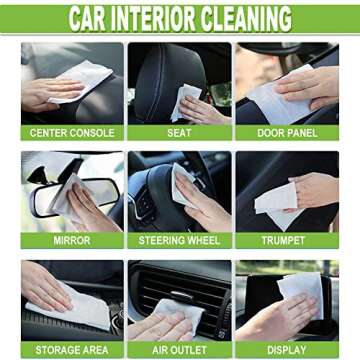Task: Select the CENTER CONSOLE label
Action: click(x=72, y=132)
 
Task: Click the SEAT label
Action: click(x=180, y=132)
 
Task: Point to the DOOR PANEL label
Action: click(x=287, y=132)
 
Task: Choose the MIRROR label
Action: click(x=72, y=241)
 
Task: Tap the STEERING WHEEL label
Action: click(x=180, y=241)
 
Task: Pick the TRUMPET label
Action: click(x=287, y=241)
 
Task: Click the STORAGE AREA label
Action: click(x=72, y=350)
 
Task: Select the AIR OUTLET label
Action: click(x=180, y=350)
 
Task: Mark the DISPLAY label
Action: click(x=287, y=350)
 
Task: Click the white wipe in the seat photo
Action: click(x=186, y=99)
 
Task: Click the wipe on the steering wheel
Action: click(x=186, y=185)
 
